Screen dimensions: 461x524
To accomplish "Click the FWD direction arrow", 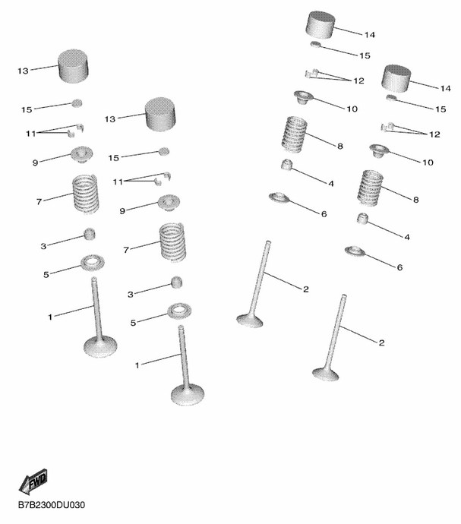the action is [x=33, y=482].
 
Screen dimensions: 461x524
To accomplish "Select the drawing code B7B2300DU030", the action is [x=52, y=504].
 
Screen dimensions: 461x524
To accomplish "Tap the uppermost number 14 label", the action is [x=369, y=35].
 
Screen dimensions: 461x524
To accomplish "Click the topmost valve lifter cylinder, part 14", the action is [x=320, y=24].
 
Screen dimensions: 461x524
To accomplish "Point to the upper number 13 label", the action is [x=23, y=71].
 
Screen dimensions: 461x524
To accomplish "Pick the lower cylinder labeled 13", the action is [x=160, y=114].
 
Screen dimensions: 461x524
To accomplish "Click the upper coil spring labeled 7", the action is [x=86, y=194].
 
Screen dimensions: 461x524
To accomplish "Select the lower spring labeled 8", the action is [x=370, y=188].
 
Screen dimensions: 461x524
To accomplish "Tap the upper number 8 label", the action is [x=340, y=146].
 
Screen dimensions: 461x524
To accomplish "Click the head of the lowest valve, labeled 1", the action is [x=188, y=395].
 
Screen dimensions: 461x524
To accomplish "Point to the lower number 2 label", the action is [x=381, y=342].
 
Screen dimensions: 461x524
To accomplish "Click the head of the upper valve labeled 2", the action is [x=249, y=320].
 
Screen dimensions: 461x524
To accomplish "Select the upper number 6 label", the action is [x=324, y=214].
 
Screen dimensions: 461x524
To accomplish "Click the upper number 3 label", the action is [x=43, y=246].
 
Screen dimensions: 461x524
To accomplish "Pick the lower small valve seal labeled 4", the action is [x=362, y=219].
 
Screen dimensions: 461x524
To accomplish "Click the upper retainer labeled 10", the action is [x=303, y=97].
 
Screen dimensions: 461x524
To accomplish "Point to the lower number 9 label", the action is [x=122, y=211].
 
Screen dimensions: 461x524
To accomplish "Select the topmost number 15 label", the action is [x=365, y=55].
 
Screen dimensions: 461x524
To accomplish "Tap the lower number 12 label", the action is [x=434, y=134].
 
